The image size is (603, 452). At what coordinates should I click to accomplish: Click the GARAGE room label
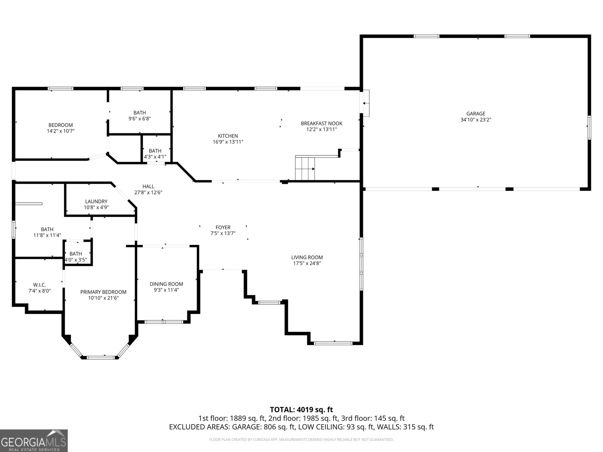tap(476, 114)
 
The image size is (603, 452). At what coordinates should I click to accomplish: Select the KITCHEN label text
tap(228, 136)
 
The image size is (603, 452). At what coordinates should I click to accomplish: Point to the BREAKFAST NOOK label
tap(321, 124)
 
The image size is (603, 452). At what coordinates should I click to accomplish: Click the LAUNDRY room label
tap(96, 202)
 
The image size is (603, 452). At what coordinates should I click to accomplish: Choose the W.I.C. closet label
tap(40, 285)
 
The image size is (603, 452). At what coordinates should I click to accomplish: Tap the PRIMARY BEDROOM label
tap(103, 292)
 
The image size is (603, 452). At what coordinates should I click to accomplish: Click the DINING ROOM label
tap(166, 284)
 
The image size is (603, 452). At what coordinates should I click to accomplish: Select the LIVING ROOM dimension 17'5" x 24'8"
tap(307, 263)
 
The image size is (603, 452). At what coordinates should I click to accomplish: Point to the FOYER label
tap(223, 228)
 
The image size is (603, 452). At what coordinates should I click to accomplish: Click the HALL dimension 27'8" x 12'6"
tap(148, 192)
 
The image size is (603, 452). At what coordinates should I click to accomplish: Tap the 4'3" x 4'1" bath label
tap(155, 157)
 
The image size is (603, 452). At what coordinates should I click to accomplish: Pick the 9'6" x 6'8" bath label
tap(139, 119)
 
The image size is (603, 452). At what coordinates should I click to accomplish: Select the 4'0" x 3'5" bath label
tap(76, 260)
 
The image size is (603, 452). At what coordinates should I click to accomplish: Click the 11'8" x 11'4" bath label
tap(47, 235)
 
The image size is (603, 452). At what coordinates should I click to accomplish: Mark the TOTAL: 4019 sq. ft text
tap(301, 409)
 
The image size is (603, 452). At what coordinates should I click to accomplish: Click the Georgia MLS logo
tap(34, 440)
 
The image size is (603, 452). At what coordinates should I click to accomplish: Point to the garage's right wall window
tap(589, 127)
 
